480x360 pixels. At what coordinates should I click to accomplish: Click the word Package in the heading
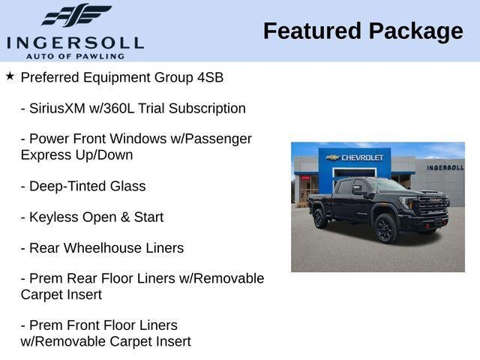point(415,31)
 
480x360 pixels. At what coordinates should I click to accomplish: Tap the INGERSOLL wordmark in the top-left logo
point(75,42)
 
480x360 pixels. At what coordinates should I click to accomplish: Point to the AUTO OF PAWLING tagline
point(75,55)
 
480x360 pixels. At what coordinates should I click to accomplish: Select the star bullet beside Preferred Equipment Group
point(10,76)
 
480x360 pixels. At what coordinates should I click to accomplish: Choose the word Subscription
point(207,108)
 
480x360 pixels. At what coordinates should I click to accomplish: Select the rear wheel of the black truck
point(320,217)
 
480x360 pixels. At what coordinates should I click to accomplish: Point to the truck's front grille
point(433,206)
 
